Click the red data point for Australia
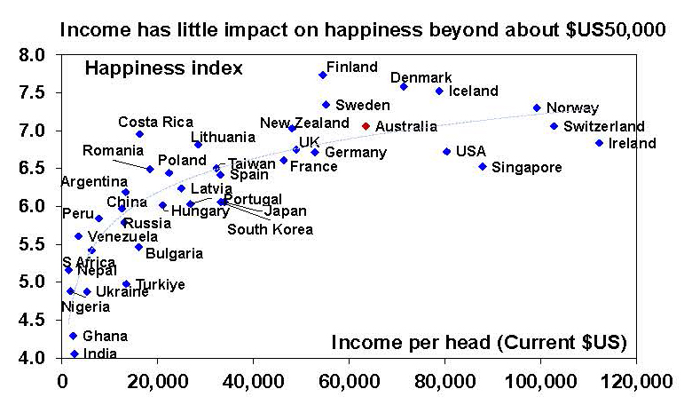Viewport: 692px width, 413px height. click(366, 126)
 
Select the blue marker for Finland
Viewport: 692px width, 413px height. click(322, 75)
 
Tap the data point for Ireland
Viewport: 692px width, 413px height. click(599, 143)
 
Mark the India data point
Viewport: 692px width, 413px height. click(74, 353)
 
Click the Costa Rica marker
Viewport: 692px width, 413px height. click(139, 134)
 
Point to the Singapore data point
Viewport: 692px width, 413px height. click(482, 166)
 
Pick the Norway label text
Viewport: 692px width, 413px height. click(572, 108)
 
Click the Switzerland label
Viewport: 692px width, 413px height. click(604, 126)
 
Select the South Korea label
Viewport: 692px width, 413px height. click(270, 230)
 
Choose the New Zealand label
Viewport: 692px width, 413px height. click(304, 123)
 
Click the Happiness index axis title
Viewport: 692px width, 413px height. click(163, 68)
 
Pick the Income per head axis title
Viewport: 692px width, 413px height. click(480, 342)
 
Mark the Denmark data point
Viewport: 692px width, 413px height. click(404, 87)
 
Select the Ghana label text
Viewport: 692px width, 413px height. click(105, 336)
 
